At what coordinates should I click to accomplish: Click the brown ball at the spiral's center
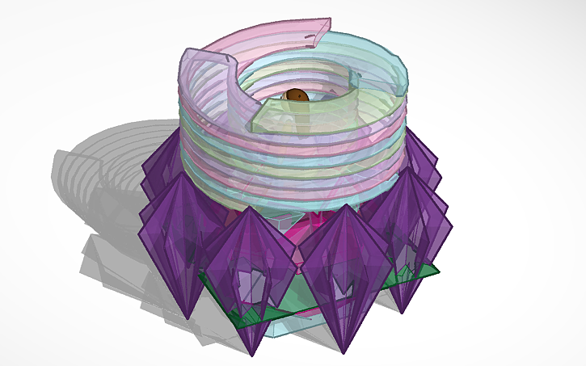click(297, 95)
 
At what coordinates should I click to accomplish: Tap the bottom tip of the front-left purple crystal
click(252, 355)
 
